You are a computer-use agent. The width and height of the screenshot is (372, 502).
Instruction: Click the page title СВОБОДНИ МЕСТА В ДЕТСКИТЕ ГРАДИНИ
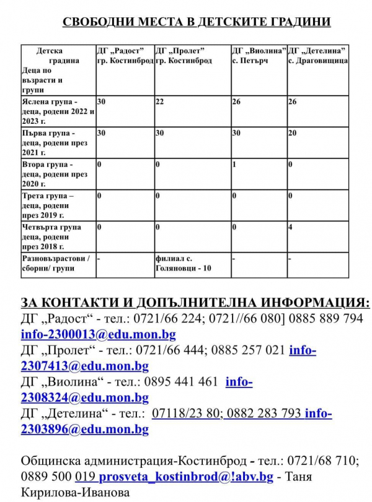197,22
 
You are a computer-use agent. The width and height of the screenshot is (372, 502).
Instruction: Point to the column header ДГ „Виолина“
259,50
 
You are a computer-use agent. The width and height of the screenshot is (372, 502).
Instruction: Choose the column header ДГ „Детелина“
317,50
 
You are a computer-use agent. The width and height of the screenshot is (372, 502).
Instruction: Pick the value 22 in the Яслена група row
159,101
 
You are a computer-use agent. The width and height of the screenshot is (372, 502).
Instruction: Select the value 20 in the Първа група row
292,133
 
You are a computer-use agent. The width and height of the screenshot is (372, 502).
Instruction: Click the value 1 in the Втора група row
234,165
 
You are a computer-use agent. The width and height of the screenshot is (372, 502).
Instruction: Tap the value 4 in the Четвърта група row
290,227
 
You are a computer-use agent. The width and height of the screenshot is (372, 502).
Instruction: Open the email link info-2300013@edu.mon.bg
98,335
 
